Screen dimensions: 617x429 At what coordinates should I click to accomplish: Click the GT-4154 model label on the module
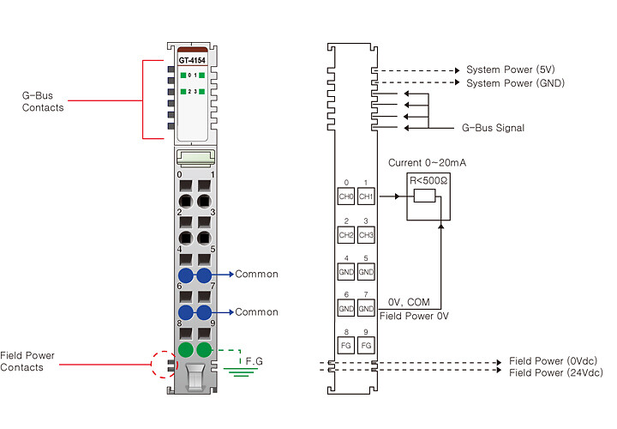pos(192,60)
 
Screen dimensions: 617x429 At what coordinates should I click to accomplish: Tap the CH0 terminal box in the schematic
pos(346,196)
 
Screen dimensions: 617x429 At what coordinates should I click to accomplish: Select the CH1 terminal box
pos(366,196)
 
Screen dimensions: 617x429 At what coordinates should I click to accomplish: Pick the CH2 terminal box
pos(346,235)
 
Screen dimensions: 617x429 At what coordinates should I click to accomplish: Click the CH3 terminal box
pos(366,235)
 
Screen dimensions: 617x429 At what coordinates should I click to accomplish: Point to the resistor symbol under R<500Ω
pos(424,196)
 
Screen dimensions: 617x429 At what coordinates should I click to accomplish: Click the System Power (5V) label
pos(511,69)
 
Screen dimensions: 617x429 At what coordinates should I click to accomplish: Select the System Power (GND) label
pos(516,83)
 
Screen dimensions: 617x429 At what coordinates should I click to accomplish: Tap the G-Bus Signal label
pos(493,128)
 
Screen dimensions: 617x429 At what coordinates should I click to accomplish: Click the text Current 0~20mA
pos(427,163)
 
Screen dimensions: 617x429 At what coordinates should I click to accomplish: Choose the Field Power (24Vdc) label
pos(556,372)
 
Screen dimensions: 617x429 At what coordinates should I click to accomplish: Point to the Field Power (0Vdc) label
pos(554,361)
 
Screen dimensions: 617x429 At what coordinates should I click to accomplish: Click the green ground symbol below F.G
pos(241,372)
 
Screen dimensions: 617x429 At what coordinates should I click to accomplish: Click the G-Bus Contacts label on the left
pos(43,101)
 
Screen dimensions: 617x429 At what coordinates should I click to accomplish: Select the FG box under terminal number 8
pos(346,345)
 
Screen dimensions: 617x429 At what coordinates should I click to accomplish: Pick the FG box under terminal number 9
pos(366,345)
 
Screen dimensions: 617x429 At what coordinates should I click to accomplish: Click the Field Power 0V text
pos(414,316)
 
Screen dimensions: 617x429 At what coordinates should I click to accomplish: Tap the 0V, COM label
pos(409,302)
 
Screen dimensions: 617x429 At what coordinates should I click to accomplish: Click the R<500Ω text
pos(428,181)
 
